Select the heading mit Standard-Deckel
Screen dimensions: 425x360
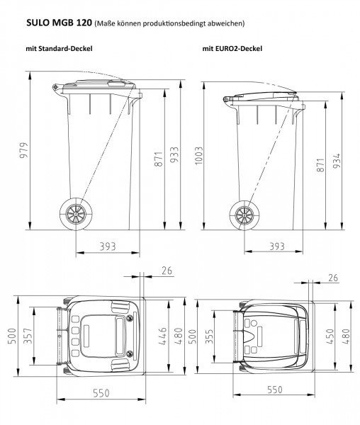pos(59,49)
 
